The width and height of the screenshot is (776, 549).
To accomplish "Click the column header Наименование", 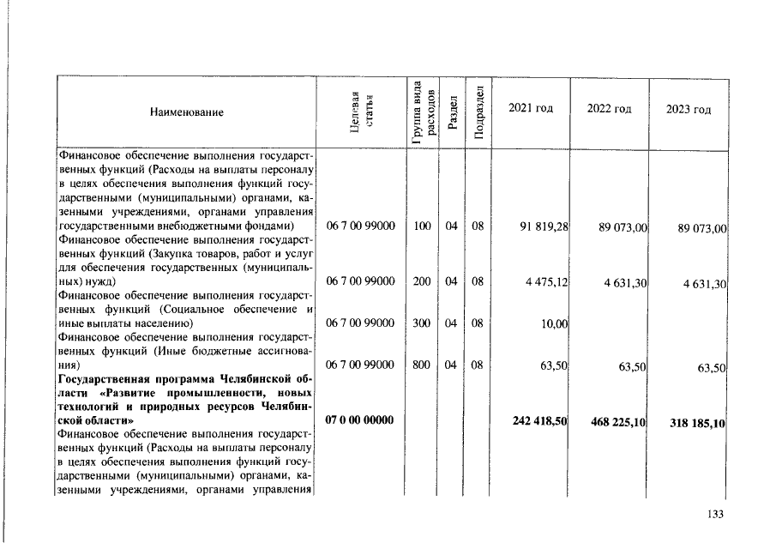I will pos(186,112).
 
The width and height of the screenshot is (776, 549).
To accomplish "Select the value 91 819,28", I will pos(544,226).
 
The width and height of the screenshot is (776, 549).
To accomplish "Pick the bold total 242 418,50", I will pos(539,421).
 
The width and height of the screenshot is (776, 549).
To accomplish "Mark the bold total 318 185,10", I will pos(697,423).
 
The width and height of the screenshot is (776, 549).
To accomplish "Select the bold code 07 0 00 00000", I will pos(360,421).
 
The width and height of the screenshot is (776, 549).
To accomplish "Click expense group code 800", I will pos(420,365).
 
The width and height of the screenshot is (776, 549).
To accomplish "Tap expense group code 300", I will pos(420,323).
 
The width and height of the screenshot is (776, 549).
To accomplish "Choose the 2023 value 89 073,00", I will pos(702,229).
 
